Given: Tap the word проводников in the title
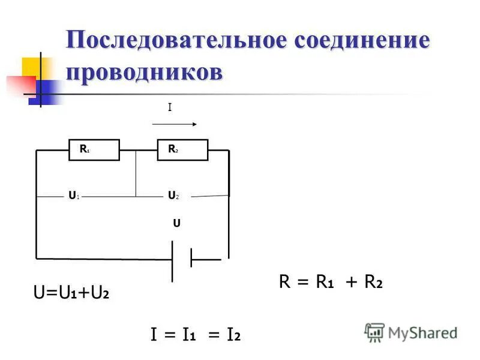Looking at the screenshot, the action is [144, 71].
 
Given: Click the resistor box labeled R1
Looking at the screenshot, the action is [94, 150].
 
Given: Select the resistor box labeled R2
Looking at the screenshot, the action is [182, 150].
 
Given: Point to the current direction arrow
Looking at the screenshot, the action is [175, 124].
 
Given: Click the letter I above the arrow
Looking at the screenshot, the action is [170, 107].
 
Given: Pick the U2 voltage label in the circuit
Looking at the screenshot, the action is [173, 196].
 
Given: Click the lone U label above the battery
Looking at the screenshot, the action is [176, 223].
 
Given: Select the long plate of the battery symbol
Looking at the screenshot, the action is [173, 260].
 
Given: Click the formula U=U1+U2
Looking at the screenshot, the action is [71, 293].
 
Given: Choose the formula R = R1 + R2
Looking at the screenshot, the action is [331, 282].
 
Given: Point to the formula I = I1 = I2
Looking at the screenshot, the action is [196, 335].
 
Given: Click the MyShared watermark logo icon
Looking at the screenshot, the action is [374, 332].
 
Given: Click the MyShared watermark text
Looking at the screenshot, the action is [422, 333].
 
